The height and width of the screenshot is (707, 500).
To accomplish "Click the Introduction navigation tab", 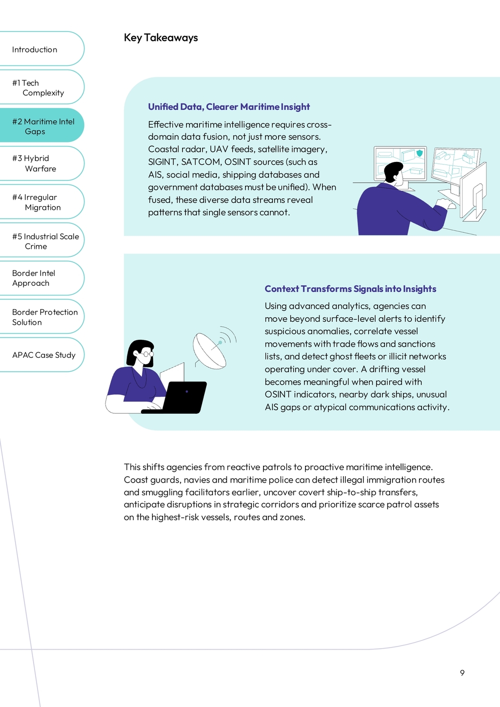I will click(x=35, y=49).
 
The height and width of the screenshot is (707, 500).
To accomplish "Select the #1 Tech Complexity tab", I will click(x=38, y=88).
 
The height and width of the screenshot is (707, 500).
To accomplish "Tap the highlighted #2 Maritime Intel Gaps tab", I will click(x=42, y=126).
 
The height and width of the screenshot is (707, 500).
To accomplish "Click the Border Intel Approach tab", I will click(x=33, y=278).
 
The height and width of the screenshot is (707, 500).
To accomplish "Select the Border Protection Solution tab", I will click(x=44, y=317).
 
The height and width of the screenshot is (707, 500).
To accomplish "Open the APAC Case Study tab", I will click(x=43, y=355).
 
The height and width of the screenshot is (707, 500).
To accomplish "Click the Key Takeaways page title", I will click(x=160, y=38).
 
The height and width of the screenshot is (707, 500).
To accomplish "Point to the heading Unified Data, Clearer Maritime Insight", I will click(x=228, y=107).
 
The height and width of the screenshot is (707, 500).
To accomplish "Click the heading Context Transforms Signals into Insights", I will click(x=350, y=289).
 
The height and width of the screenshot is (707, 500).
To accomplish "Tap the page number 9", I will click(x=462, y=673).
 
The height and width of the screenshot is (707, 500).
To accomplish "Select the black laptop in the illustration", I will click(x=182, y=397).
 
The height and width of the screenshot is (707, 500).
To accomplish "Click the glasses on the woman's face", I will click(x=145, y=354).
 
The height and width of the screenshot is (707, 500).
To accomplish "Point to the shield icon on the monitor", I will click(x=419, y=153).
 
